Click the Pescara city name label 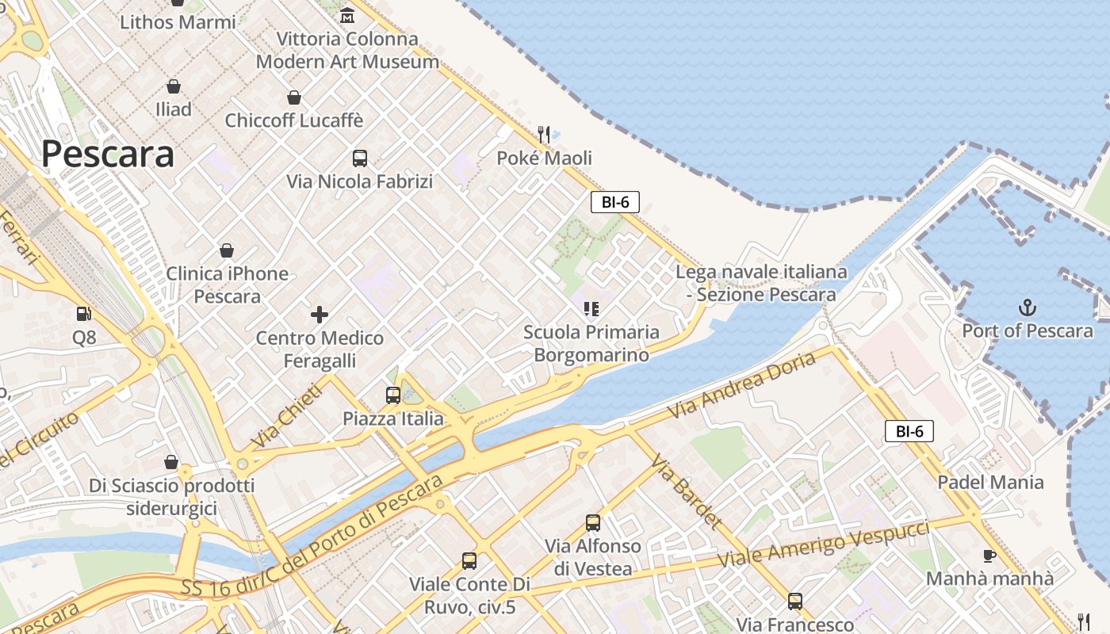(x=108, y=154)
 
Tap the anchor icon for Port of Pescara (x=1028, y=307)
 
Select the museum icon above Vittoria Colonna (x=347, y=15)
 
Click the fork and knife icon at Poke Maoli (x=544, y=135)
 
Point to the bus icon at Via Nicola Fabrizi (x=360, y=158)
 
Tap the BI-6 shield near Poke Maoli (x=614, y=202)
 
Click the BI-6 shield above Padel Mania (x=909, y=432)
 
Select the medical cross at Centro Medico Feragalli (x=320, y=315)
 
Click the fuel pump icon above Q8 (x=84, y=315)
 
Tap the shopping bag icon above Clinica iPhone (x=227, y=250)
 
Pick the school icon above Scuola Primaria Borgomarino (x=591, y=308)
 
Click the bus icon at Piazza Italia (x=393, y=395)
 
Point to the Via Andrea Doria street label (x=741, y=386)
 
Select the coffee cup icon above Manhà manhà (x=989, y=556)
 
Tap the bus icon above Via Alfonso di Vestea (x=593, y=523)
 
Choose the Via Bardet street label (x=687, y=491)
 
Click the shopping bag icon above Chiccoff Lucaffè (x=294, y=97)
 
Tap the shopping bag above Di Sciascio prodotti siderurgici (x=171, y=462)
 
